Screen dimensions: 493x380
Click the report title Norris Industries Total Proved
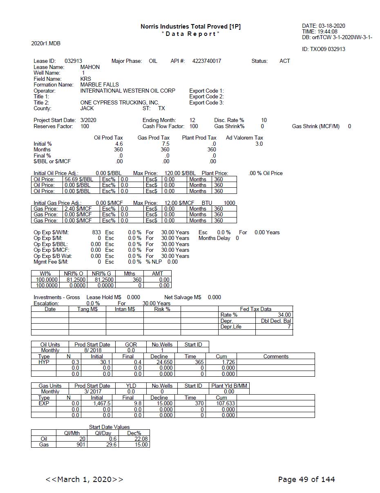click(x=190, y=27)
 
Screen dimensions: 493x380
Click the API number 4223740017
click(x=206, y=61)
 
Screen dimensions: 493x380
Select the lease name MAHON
click(x=90, y=67)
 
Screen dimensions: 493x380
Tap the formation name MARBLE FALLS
click(x=99, y=84)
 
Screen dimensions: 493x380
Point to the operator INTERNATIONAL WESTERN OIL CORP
click(x=127, y=91)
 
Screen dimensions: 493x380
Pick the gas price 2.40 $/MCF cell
click(x=78, y=209)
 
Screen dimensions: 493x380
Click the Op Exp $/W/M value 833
click(x=96, y=232)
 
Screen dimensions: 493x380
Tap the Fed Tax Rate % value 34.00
click(x=284, y=315)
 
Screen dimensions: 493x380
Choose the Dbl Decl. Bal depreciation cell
click(x=276, y=321)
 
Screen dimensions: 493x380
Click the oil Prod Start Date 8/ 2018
click(x=92, y=350)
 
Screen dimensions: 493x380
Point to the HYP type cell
click(x=44, y=362)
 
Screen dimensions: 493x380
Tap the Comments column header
click(x=276, y=356)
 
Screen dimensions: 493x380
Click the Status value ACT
click(x=285, y=61)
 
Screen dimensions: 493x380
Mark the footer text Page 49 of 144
click(x=306, y=479)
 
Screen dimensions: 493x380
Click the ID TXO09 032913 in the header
click(x=323, y=49)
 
